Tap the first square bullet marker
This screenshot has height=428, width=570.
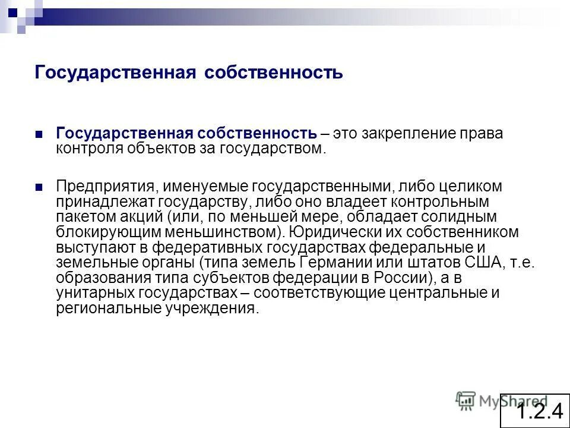[39, 134]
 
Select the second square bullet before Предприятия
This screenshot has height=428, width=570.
[39, 187]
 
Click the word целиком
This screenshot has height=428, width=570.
[473, 187]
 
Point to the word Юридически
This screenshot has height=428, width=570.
[330, 232]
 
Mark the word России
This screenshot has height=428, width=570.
[396, 278]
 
